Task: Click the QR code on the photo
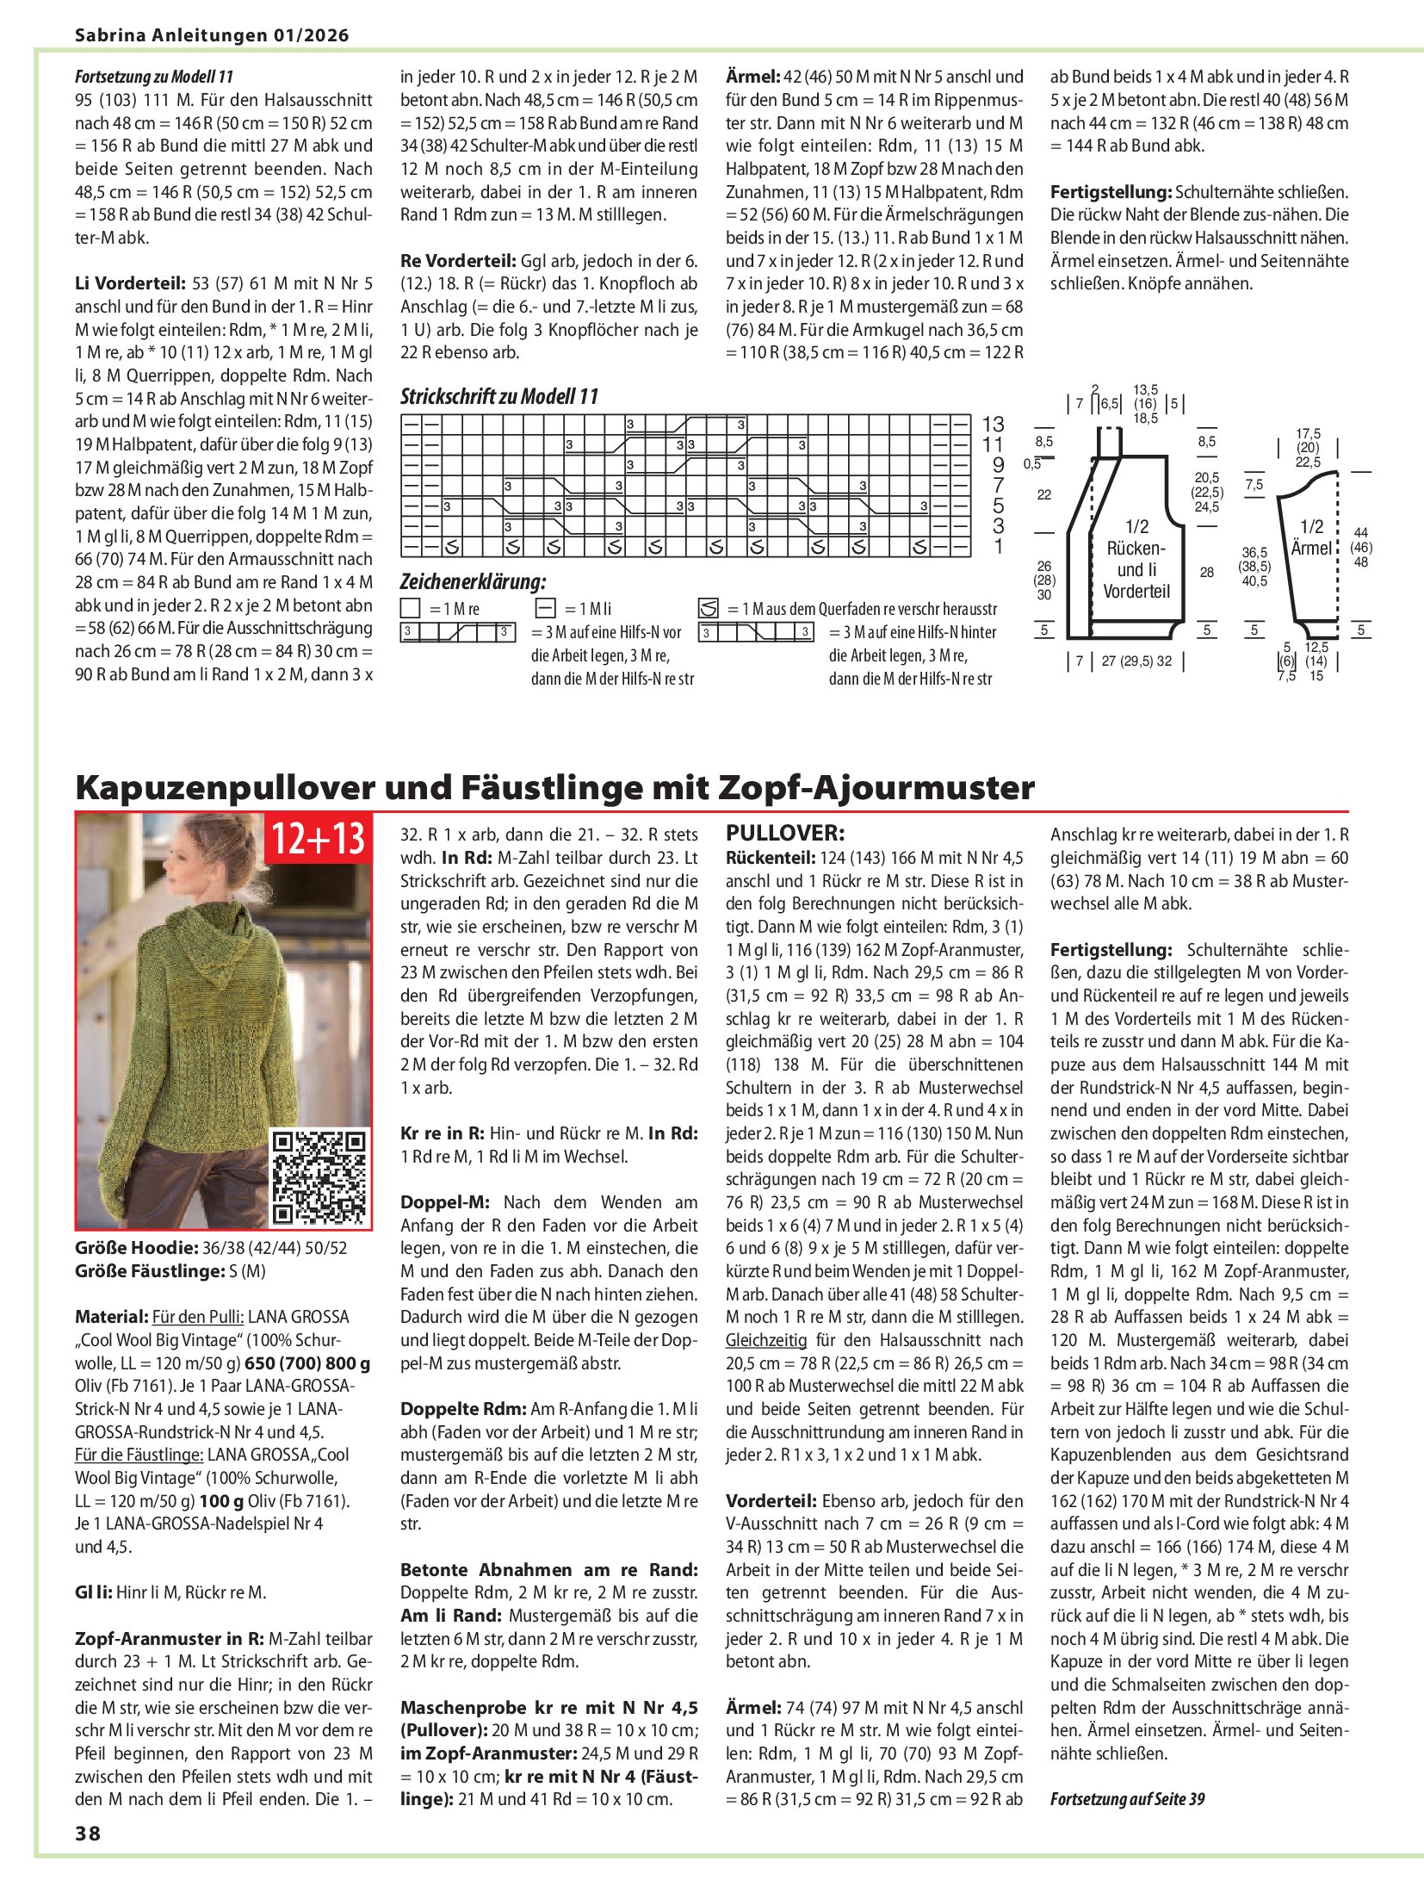(x=319, y=1177)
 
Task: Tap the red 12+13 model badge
(x=319, y=839)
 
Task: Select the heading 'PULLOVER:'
(x=785, y=833)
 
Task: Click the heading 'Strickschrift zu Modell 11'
(x=498, y=397)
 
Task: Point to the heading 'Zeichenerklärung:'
(x=473, y=581)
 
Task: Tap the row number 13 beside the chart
(x=993, y=425)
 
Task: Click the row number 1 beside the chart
(x=999, y=547)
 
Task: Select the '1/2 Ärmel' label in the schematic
(x=1311, y=537)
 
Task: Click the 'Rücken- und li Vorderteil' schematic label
(x=1136, y=559)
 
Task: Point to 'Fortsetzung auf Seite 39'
(x=1127, y=1798)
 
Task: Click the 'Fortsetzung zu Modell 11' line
(x=153, y=77)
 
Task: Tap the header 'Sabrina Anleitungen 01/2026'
(x=212, y=35)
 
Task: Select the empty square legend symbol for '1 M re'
(x=411, y=609)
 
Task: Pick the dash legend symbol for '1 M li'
(x=545, y=609)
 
